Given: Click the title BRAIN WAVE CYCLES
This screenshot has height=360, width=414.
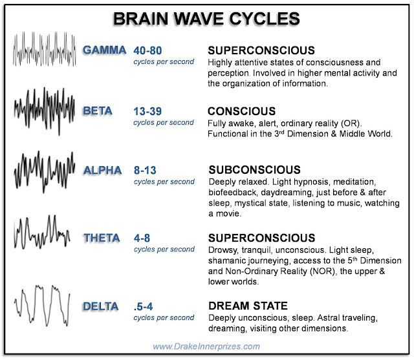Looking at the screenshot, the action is click(207, 17).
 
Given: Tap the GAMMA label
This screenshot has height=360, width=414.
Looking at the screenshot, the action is click(104, 50).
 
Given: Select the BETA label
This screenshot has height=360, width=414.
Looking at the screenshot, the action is click(98, 111).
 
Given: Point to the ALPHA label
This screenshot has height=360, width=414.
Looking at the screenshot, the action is click(102, 171).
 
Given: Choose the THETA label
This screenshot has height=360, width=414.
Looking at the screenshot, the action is click(102, 238).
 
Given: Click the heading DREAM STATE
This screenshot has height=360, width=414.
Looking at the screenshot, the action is click(248, 306).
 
